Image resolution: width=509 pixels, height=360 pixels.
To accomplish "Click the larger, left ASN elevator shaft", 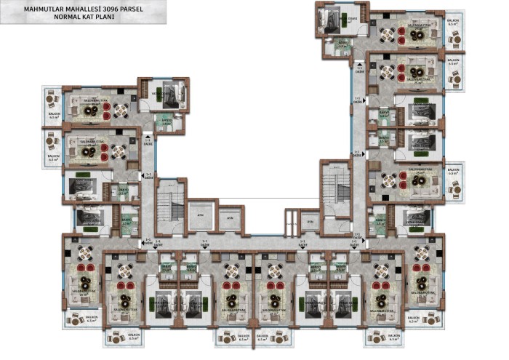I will coord(200,216).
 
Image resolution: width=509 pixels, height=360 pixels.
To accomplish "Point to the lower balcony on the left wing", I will coord(52,149).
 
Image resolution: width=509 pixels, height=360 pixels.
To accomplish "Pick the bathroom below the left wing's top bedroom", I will coord(167,121).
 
